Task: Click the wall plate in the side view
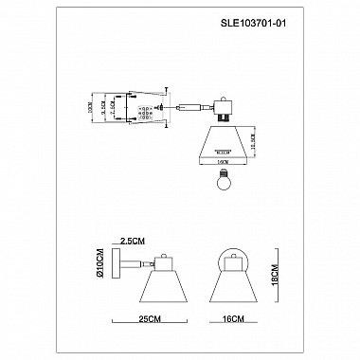[x=116, y=268]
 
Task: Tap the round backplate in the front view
[x=229, y=261]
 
